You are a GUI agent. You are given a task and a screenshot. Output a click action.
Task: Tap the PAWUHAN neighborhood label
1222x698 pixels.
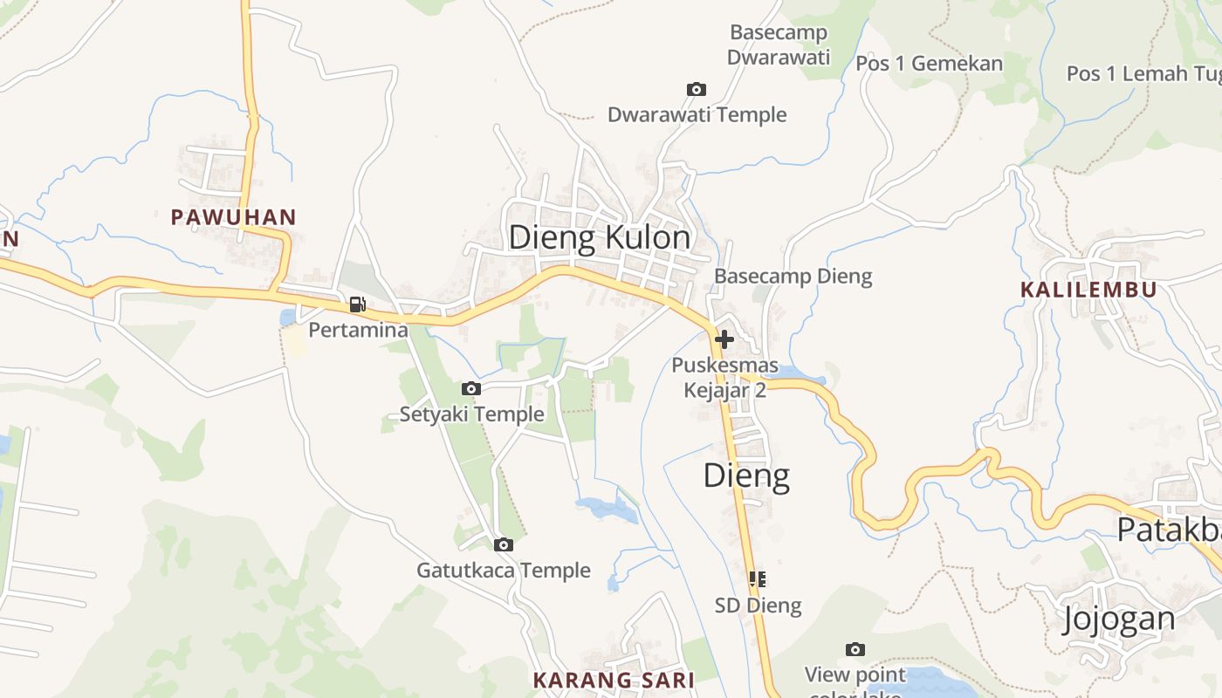coord(233,217)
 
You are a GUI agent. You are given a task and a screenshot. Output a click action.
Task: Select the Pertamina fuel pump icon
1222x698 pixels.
coord(357,305)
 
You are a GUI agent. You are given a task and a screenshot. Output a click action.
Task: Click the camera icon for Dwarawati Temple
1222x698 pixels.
coord(696,89)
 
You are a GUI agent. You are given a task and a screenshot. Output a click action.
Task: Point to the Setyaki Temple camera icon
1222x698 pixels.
coord(470,388)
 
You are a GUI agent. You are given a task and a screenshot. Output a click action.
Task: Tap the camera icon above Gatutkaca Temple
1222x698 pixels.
coord(503,544)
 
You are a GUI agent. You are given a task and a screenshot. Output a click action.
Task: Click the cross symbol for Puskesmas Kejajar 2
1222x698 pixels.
coord(724,339)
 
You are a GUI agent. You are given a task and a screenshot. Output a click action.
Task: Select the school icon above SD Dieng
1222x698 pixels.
coord(757,578)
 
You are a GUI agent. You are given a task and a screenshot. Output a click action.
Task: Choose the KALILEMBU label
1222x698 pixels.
coord(1088,290)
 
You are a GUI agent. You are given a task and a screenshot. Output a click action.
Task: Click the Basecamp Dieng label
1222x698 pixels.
coord(793,277)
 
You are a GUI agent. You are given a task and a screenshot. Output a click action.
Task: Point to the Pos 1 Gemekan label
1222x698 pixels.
coord(929,63)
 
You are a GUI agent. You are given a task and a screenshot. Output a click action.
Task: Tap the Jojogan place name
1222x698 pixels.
coord(1118,619)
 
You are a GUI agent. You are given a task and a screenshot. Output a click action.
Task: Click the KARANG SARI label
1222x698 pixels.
coord(614,680)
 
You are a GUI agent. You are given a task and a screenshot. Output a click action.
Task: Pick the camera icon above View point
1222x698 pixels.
coord(855,649)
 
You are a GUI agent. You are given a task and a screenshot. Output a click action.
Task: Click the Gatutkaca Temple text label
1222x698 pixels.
coord(504,571)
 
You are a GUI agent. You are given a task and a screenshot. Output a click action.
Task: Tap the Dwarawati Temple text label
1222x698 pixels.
coord(697,115)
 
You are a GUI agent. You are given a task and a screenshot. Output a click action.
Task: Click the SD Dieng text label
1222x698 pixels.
coord(758,606)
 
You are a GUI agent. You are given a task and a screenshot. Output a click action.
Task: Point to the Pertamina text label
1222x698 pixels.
coord(358,331)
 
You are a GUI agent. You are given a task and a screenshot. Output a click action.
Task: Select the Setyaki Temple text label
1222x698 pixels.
coord(471,414)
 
